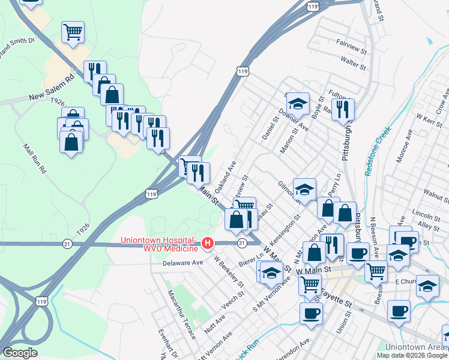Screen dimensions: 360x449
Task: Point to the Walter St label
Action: [x=353, y=61]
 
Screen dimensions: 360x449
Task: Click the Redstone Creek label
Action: [x=377, y=151]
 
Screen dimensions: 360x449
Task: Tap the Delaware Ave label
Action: [x=183, y=262]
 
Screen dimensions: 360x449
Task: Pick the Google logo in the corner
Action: [x=20, y=352]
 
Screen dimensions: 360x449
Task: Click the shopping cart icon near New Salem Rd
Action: [x=73, y=32]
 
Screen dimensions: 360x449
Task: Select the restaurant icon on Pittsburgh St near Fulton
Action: [x=343, y=110]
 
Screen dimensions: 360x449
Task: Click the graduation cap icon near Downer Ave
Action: [x=298, y=104]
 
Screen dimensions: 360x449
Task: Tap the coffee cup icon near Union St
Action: [x=310, y=313]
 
